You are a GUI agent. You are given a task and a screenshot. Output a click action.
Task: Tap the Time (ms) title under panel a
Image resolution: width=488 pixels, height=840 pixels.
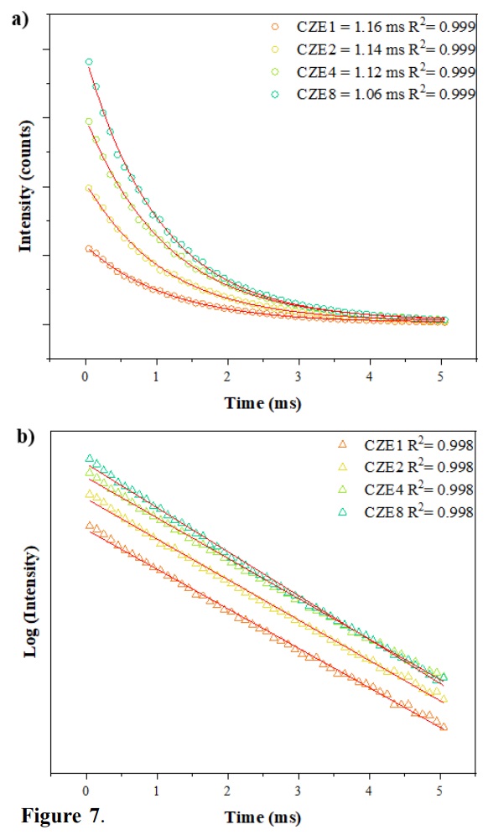tap(262, 403)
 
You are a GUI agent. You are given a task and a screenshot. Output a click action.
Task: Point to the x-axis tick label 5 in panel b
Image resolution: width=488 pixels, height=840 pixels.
tap(439, 791)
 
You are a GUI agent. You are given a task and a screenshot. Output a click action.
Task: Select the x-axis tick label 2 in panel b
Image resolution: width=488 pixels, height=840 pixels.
tap(227, 791)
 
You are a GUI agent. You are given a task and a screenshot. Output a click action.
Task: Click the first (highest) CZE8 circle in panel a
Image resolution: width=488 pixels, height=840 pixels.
tap(88, 61)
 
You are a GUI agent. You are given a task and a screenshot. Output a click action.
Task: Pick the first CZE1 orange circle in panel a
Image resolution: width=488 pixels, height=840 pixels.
tap(88, 248)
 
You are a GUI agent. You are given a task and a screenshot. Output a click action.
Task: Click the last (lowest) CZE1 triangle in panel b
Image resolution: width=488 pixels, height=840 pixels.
tap(444, 727)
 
